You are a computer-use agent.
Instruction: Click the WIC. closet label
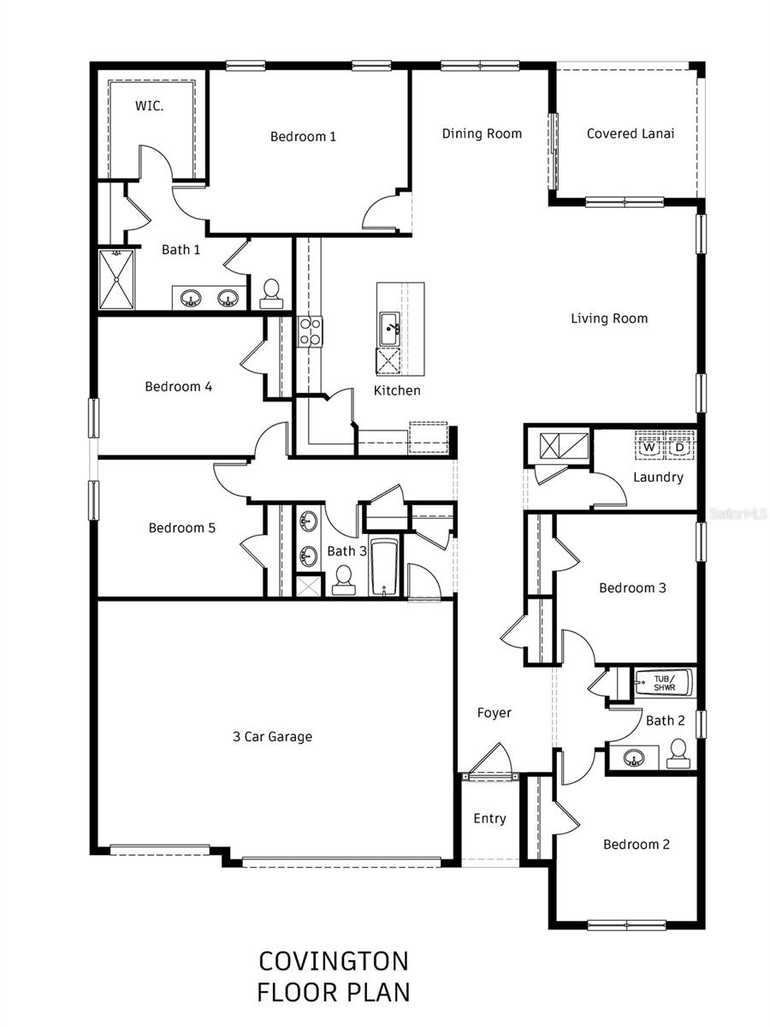[x=151, y=106]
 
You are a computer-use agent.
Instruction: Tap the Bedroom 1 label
[x=303, y=136]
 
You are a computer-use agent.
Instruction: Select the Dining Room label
[x=482, y=134]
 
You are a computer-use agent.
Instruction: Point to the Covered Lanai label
[x=631, y=134]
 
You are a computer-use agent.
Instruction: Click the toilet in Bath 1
[x=272, y=293]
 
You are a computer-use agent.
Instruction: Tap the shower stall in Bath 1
[x=117, y=279]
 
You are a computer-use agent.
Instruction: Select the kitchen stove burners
[x=309, y=331]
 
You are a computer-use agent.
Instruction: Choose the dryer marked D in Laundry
[x=679, y=447]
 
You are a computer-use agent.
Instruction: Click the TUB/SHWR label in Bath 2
[x=664, y=683]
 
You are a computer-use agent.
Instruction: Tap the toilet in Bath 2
[x=678, y=752]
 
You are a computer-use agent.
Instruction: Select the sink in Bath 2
[x=634, y=757]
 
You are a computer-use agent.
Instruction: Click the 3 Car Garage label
[x=272, y=736]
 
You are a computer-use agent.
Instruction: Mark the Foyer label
[x=494, y=712]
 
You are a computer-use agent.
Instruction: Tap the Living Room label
[x=609, y=318]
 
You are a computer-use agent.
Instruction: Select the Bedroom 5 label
[x=181, y=528]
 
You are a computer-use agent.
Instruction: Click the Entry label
[x=489, y=818]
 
